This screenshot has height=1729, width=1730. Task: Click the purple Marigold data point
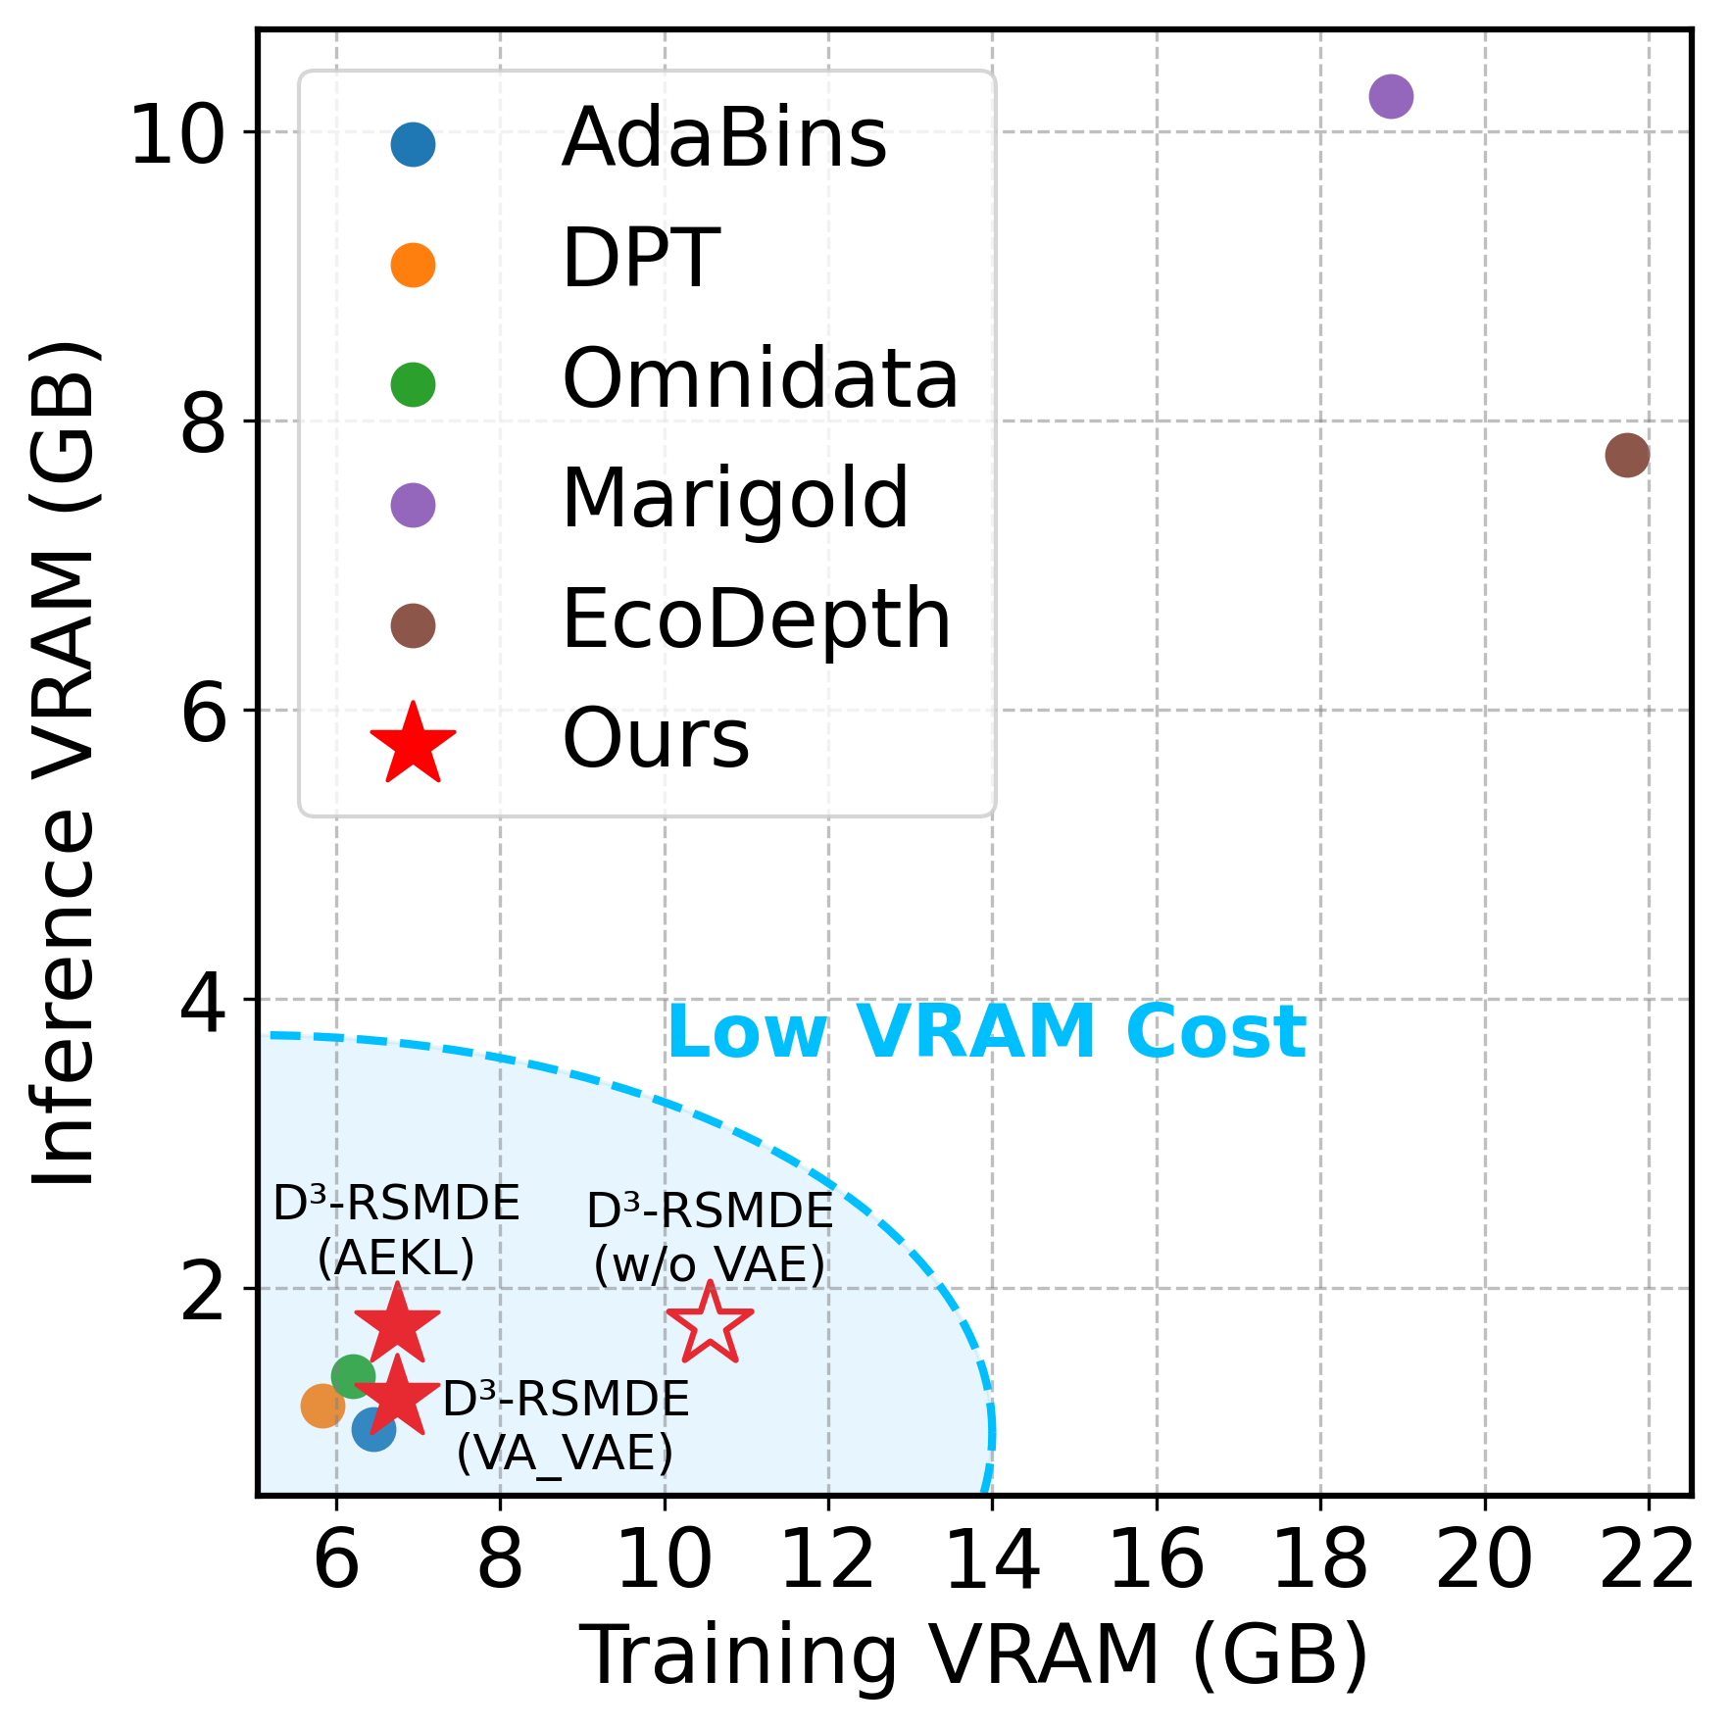pyautogui.click(x=1390, y=96)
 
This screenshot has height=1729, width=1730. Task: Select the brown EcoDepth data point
pyautogui.click(x=1627, y=455)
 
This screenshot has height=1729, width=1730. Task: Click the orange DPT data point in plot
pyautogui.click(x=321, y=1406)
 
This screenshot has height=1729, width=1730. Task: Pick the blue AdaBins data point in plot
pyautogui.click(x=373, y=1429)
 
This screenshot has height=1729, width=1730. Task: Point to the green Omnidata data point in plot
pyautogui.click(x=353, y=1376)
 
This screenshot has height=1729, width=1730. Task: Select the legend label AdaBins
pyautogui.click(x=723, y=139)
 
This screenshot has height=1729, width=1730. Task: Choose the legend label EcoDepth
pyautogui.click(x=756, y=619)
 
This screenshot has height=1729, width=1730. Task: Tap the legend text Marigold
pyautogui.click(x=735, y=500)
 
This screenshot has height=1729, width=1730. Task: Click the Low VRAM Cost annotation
pyautogui.click(x=986, y=1033)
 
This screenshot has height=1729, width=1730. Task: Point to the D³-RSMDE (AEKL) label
pyautogui.click(x=396, y=1231)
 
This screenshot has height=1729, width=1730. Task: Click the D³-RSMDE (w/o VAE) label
pyautogui.click(x=710, y=1238)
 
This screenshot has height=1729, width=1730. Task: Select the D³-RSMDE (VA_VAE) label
pyautogui.click(x=566, y=1425)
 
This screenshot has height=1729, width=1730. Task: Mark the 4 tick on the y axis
pyautogui.click(x=204, y=1002)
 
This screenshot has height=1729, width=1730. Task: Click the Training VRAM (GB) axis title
pyautogui.click(x=974, y=1656)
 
